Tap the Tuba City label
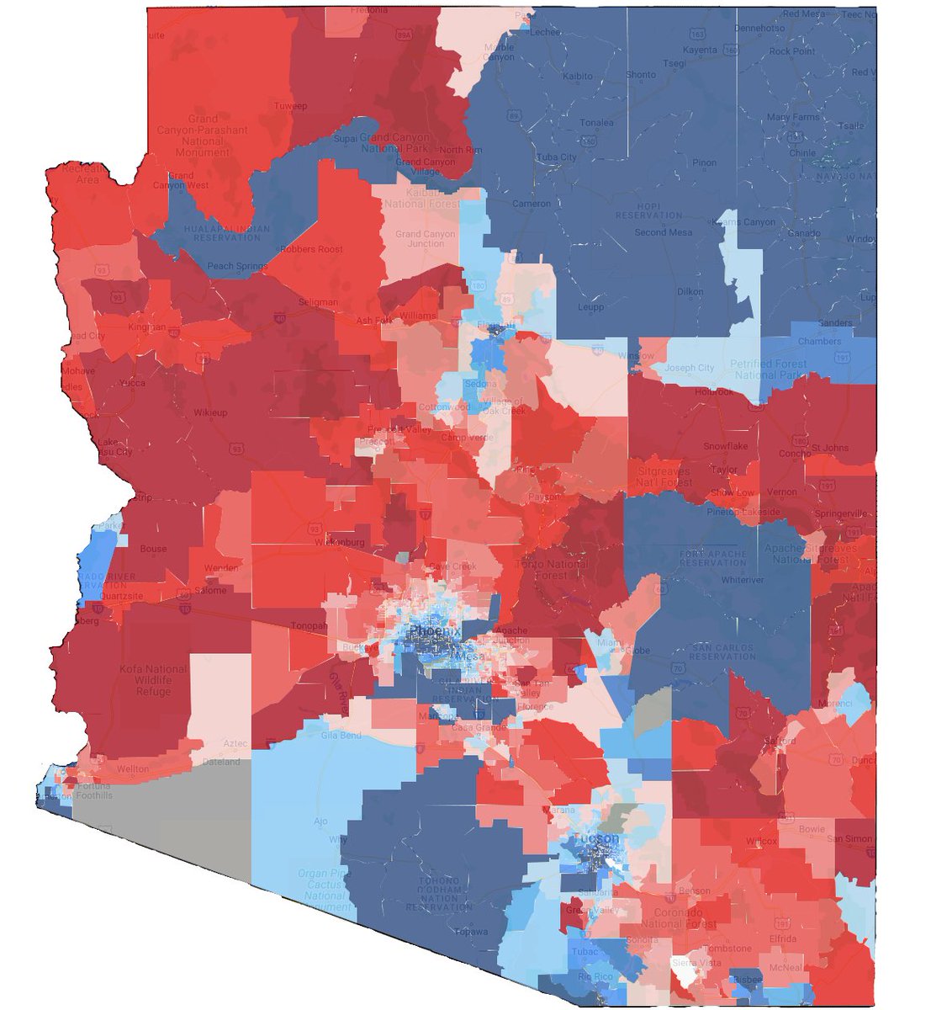pos(557,157)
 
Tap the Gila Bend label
pos(341,735)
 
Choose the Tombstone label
pos(729,949)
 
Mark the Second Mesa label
pos(662,232)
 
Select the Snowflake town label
pos(726,446)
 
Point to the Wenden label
pos(221,568)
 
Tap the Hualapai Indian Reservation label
pos(226,233)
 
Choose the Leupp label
pos(591,308)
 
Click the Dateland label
pos(221,763)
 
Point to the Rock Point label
pos(791,51)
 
